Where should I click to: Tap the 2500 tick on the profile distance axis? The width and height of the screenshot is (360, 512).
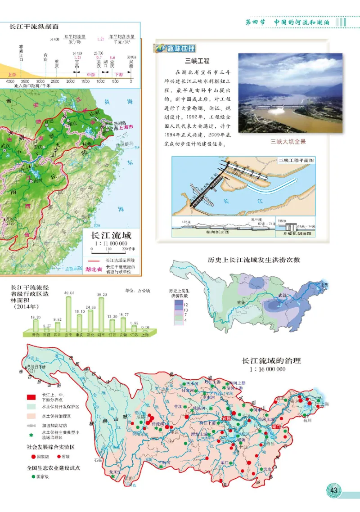pos(55,81)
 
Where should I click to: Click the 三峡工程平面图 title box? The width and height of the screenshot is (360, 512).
pos(296,160)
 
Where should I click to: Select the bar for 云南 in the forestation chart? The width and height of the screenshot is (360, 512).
pos(69,314)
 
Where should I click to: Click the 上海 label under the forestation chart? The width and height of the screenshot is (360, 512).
pos(145,335)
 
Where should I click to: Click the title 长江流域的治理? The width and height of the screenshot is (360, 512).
pos(271,361)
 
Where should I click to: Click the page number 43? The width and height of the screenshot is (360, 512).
pos(333,490)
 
